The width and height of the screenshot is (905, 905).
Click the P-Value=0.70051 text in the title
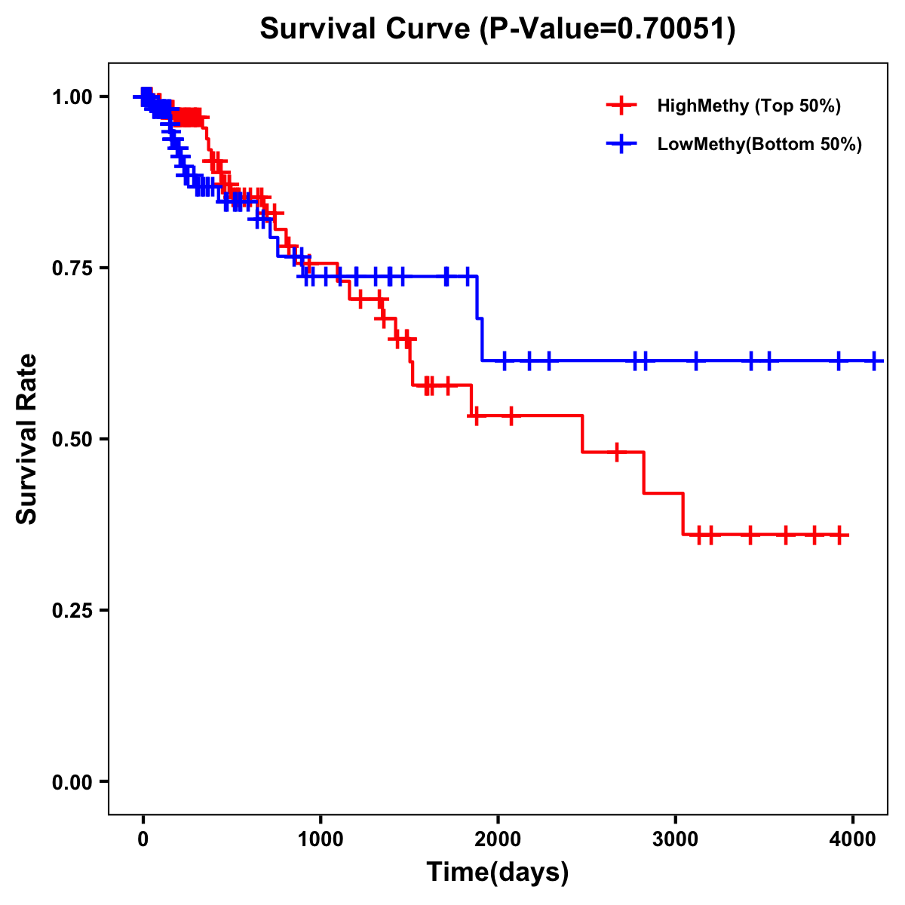[x=609, y=29]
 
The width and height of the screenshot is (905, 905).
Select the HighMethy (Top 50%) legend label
[x=748, y=106]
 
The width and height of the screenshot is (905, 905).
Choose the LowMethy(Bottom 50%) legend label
[x=759, y=144]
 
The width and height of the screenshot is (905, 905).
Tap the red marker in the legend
[x=621, y=106]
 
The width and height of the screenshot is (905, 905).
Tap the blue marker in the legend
[x=621, y=144]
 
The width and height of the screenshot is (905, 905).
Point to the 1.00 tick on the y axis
[x=72, y=97]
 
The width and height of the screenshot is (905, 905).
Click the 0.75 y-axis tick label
[x=72, y=268]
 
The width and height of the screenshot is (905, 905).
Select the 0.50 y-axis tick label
[x=72, y=440]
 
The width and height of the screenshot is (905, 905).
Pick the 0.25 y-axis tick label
[x=72, y=611]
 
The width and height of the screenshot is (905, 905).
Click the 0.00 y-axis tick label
[x=72, y=782]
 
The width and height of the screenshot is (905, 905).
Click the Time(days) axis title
[x=498, y=873]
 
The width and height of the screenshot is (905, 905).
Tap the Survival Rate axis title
[x=27, y=439]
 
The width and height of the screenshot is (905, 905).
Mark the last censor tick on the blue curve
[x=874, y=361]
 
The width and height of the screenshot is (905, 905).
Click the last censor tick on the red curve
[x=838, y=535]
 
